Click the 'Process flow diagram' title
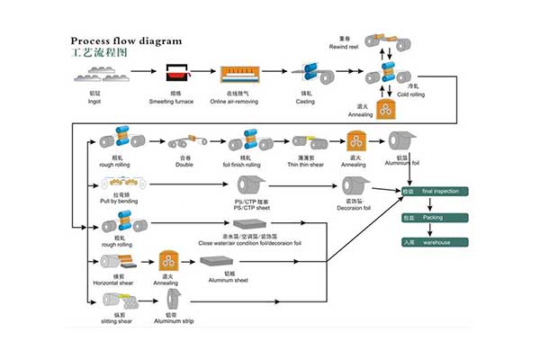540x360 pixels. [126, 40]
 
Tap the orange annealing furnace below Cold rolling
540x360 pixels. [387, 110]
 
